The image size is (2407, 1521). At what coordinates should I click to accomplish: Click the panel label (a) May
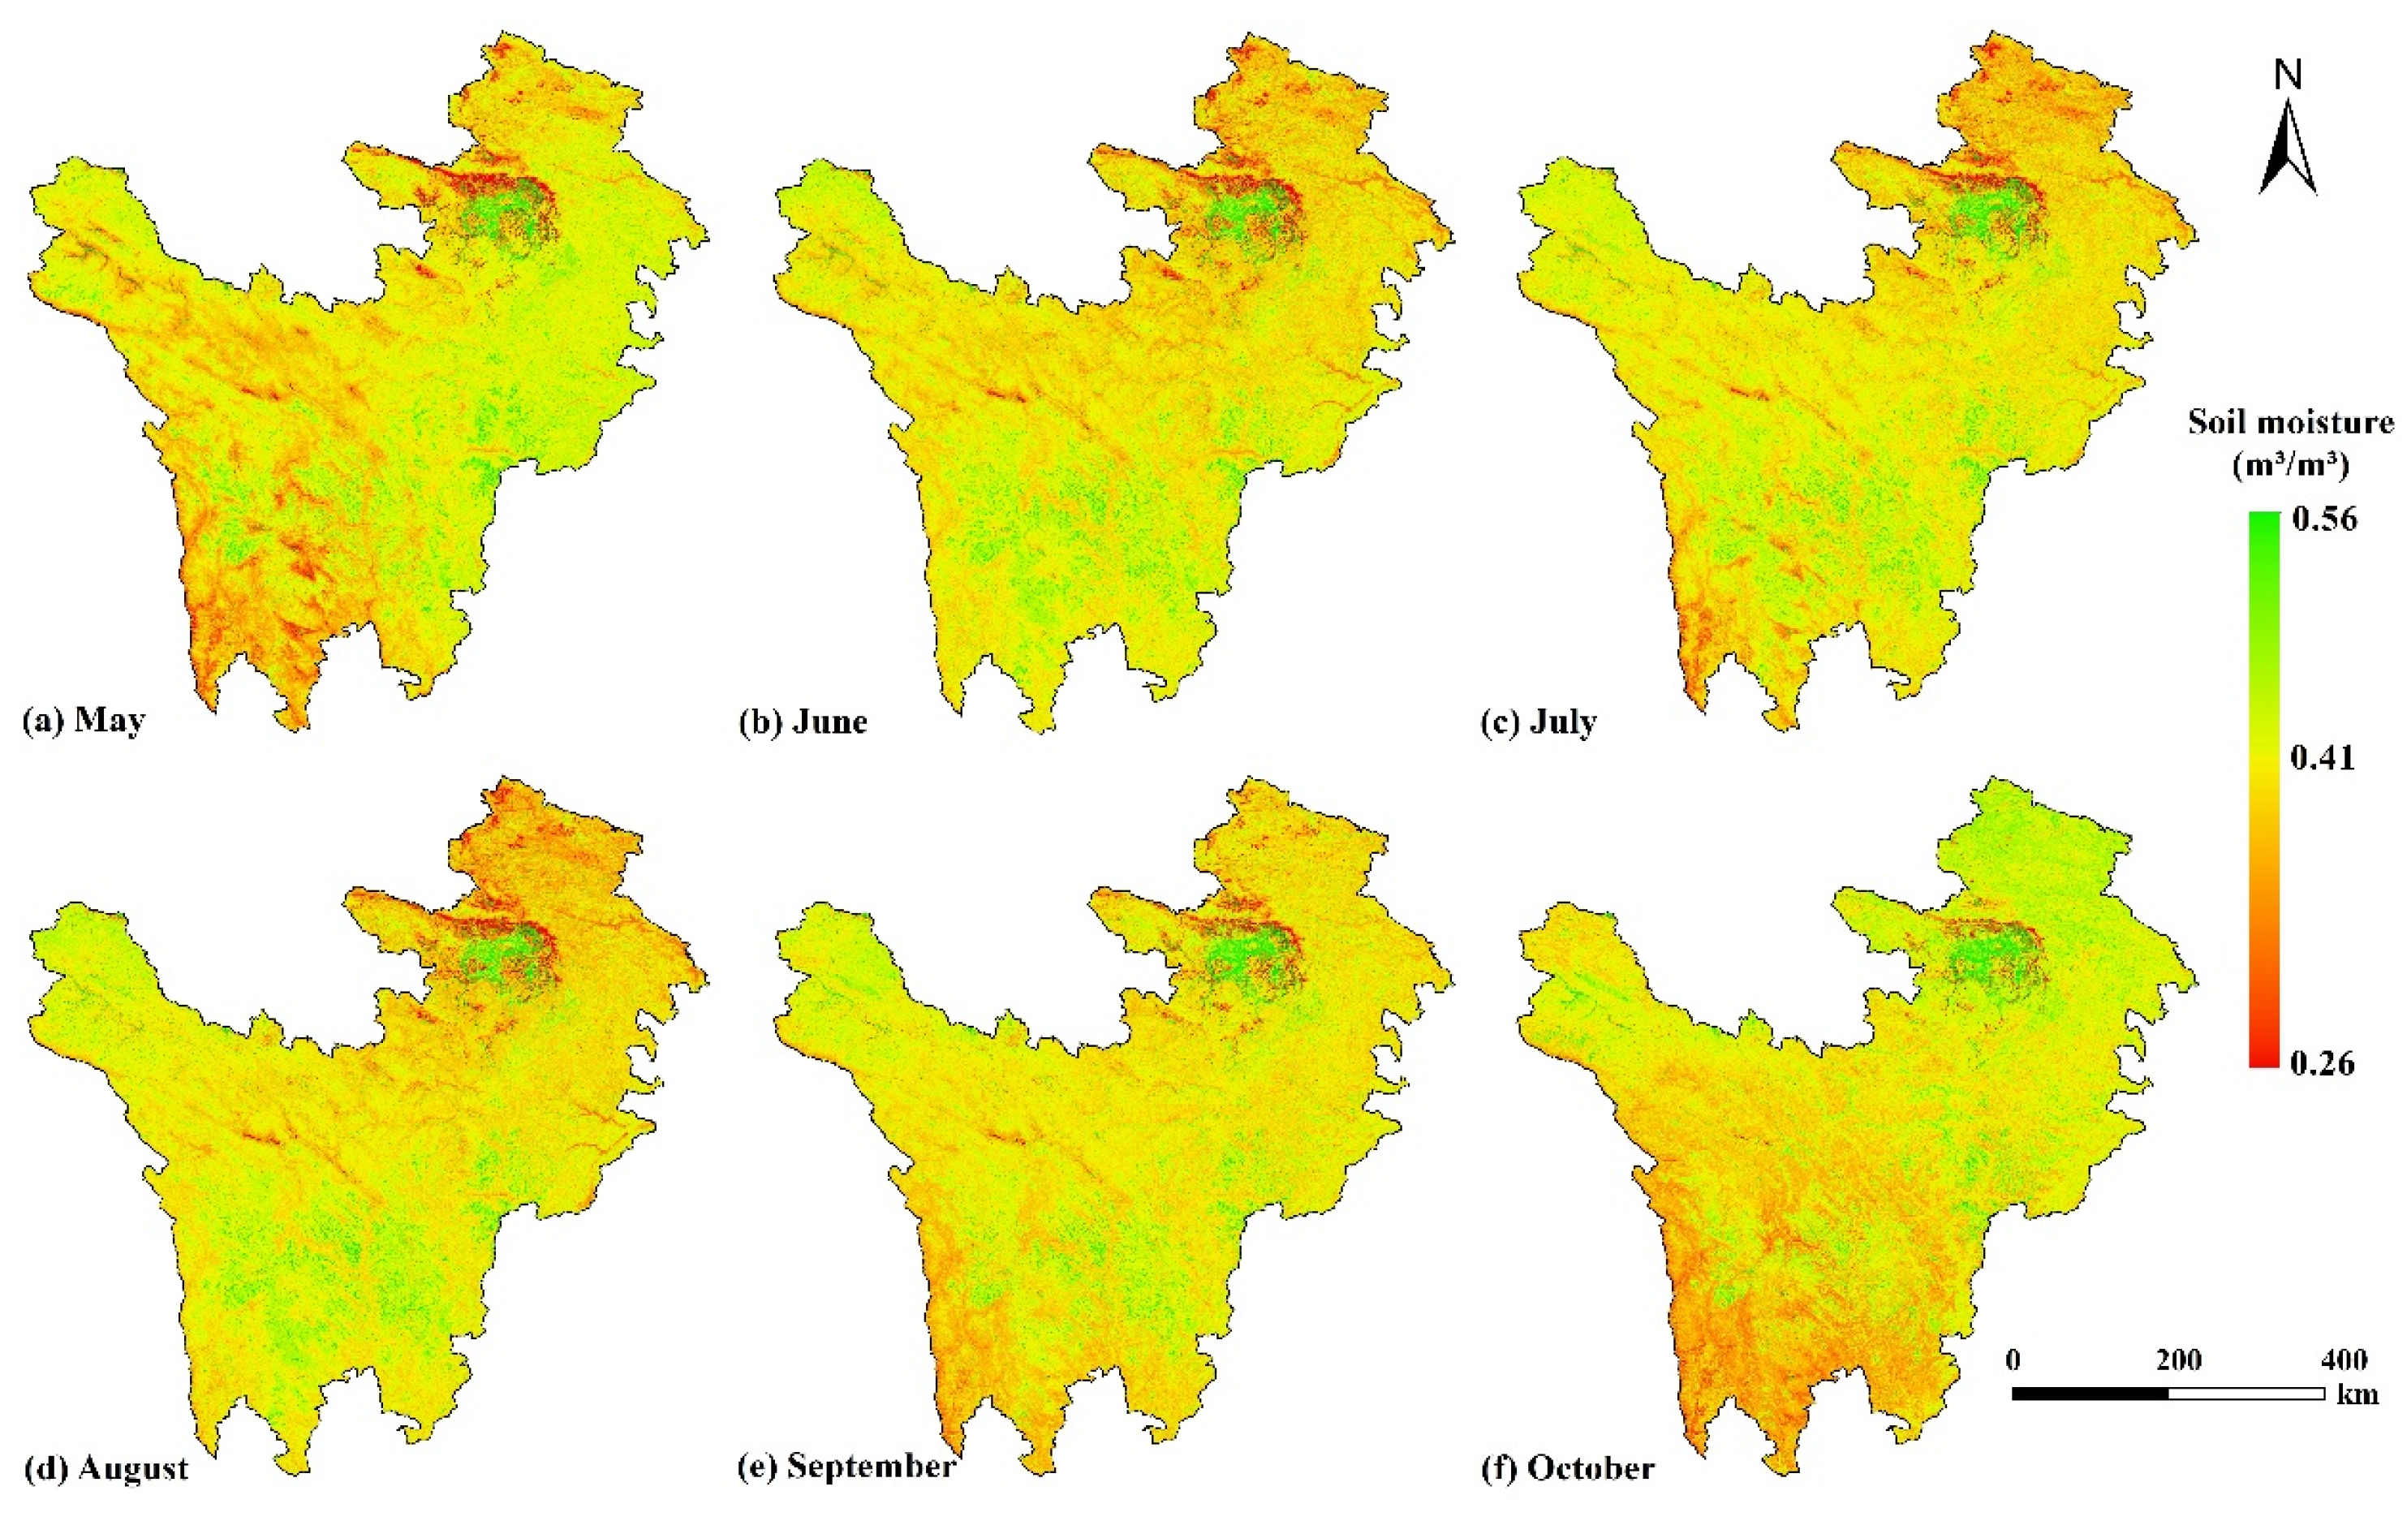(84, 720)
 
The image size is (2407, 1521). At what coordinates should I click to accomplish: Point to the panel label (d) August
(106, 1468)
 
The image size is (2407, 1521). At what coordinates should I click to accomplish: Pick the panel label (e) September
(846, 1466)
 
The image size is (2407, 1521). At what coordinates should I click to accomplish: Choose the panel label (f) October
(1567, 1468)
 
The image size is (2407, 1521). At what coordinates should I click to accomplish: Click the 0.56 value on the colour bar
(2324, 519)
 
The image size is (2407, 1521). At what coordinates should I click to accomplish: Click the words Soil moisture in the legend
(2291, 422)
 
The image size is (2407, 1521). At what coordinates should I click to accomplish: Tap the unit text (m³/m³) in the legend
(2290, 465)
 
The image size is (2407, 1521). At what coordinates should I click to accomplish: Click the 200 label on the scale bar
(2180, 1360)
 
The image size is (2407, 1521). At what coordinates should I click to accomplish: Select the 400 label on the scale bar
(2343, 1360)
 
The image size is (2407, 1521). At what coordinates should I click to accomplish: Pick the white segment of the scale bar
(2247, 1393)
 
